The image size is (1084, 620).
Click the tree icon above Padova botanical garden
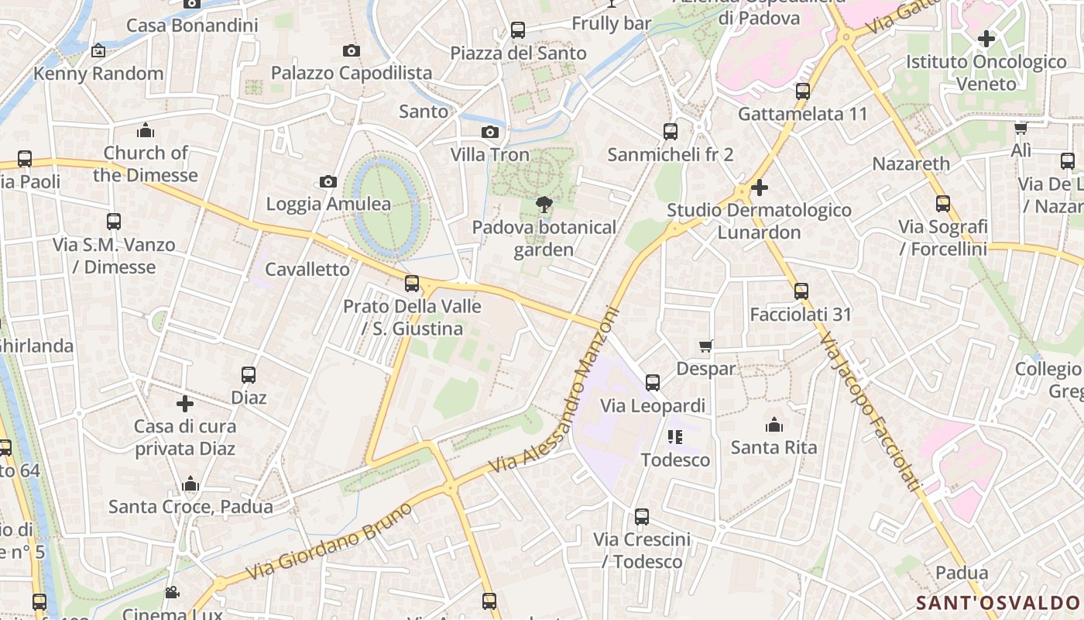click(544, 205)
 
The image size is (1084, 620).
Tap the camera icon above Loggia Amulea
click(328, 182)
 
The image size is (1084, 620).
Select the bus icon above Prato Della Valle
click(412, 284)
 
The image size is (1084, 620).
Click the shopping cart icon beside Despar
click(705, 346)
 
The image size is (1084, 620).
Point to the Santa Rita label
click(774, 447)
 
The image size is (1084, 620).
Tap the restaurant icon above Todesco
click(675, 437)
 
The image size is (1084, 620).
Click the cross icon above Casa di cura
click(185, 404)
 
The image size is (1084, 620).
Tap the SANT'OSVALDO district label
click(997, 603)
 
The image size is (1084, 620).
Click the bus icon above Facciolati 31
click(801, 291)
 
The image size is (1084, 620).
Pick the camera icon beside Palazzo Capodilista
click(352, 51)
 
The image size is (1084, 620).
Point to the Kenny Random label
click(98, 74)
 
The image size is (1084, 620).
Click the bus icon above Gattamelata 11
click(803, 91)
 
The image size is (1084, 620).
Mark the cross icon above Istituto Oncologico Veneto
click(986, 38)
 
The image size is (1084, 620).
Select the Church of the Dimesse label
click(146, 164)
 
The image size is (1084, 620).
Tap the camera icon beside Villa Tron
click(490, 133)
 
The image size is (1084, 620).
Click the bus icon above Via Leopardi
click(653, 383)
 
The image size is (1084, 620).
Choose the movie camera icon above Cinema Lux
click(172, 593)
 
